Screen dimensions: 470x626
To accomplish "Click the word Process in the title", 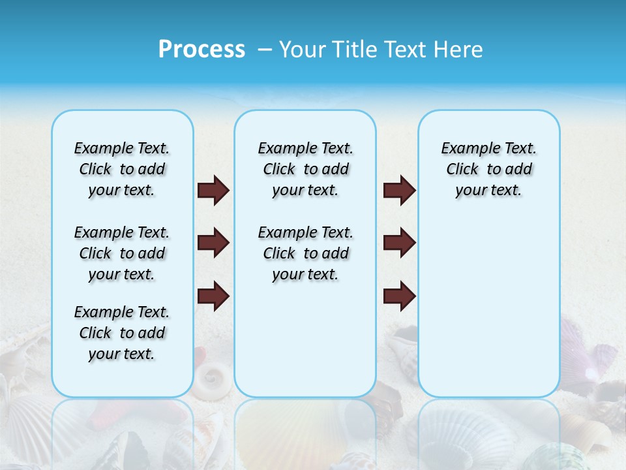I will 201,50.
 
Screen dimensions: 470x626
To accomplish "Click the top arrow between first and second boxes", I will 213,190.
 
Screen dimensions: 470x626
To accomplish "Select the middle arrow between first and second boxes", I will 213,243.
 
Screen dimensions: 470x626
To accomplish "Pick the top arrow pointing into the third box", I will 399,190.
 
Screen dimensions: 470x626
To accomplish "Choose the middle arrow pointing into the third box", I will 399,243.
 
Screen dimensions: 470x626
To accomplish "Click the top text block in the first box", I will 122,169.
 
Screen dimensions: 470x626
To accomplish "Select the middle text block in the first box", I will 122,253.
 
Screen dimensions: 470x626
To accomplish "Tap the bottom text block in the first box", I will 122,333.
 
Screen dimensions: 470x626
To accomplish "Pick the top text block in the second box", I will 305,169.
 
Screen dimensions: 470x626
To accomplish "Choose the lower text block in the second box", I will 305,253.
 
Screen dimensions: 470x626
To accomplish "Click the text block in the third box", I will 488,169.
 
